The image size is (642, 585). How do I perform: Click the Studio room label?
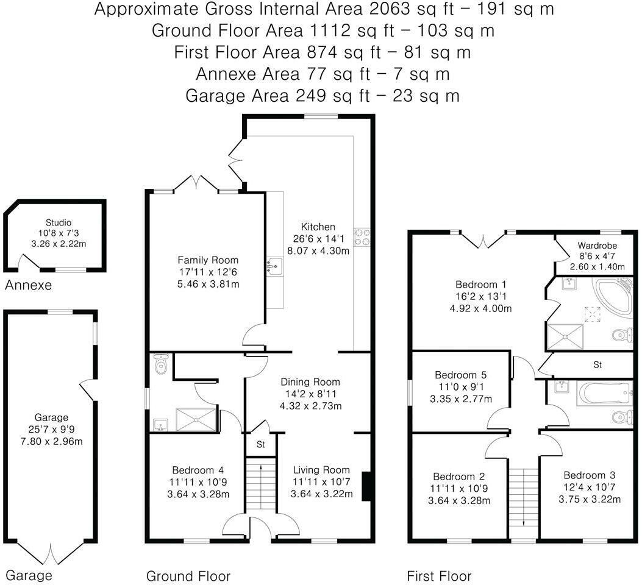pos(59,222)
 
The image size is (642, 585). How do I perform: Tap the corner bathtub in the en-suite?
pos(613,297)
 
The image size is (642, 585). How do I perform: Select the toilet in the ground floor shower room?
pos(161,364)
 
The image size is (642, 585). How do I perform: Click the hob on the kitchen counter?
pos(362,237)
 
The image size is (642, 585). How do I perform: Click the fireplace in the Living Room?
pos(367,486)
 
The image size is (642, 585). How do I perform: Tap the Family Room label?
pos(207,260)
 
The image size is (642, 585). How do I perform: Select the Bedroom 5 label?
pos(461,375)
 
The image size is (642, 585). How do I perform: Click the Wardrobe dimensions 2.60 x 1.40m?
pos(597,267)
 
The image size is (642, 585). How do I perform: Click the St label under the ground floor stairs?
pos(261,444)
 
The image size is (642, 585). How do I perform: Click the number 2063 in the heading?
pos(390,9)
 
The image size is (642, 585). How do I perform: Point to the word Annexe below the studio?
pos(28,285)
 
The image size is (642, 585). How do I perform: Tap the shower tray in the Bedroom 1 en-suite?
pos(565,337)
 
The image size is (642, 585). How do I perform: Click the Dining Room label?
pos(310,382)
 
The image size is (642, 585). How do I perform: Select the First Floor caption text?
pos(439,576)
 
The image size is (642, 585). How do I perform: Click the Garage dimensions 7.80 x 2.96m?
pos(51,441)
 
